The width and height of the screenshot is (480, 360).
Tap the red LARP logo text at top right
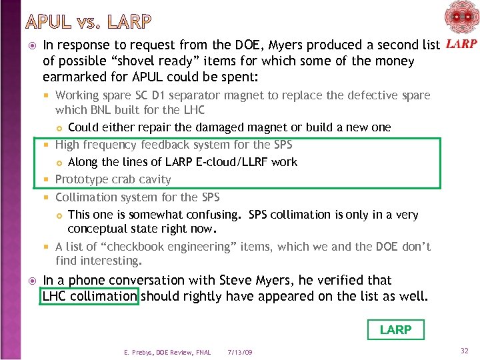(460, 45)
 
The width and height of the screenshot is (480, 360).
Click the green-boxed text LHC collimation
(89, 295)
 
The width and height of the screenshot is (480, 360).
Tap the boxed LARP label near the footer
(395, 329)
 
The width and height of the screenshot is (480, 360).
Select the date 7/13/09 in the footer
(239, 352)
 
